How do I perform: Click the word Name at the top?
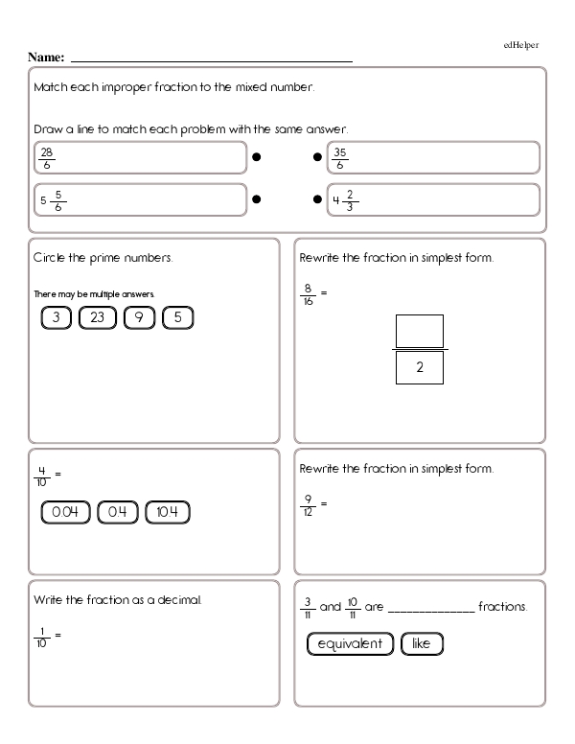46,58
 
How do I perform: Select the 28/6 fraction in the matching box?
47,157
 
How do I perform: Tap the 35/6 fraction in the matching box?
340,157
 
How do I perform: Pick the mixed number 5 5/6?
54,200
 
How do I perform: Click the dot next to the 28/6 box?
257,157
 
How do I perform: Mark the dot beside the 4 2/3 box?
317,200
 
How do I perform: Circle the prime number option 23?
97,317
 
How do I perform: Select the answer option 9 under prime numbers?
139,317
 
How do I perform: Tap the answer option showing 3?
57,317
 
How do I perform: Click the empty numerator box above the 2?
420,332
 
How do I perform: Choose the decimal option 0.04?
65,513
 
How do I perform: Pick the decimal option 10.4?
168,513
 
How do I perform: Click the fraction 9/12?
308,502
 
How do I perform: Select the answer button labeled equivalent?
350,644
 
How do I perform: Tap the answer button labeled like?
422,644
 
